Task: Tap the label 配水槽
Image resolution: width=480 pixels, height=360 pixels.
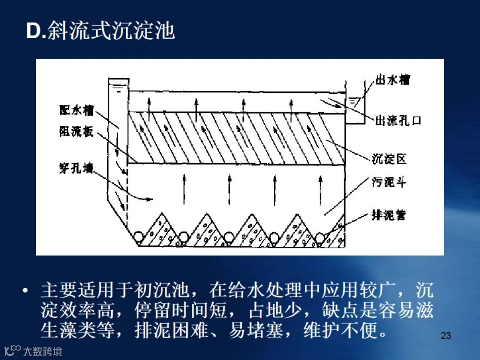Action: pyautogui.click(x=76, y=109)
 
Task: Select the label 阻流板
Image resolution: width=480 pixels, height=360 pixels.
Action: pyautogui.click(x=76, y=131)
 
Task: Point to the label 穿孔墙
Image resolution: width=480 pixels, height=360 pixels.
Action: pyautogui.click(x=76, y=168)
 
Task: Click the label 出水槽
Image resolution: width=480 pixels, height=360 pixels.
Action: pyautogui.click(x=393, y=80)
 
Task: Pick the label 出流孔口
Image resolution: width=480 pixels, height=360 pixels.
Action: pyautogui.click(x=398, y=120)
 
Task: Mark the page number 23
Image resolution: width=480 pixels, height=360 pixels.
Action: pyautogui.click(x=446, y=336)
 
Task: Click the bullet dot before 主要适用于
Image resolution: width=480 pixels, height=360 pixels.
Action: pyautogui.click(x=26, y=291)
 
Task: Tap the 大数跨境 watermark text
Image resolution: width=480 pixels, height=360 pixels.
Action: pyautogui.click(x=43, y=352)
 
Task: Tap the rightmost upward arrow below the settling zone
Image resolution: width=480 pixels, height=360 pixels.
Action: pyautogui.click(x=320, y=189)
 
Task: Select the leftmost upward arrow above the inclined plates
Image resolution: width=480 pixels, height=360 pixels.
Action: pyautogui.click(x=150, y=106)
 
